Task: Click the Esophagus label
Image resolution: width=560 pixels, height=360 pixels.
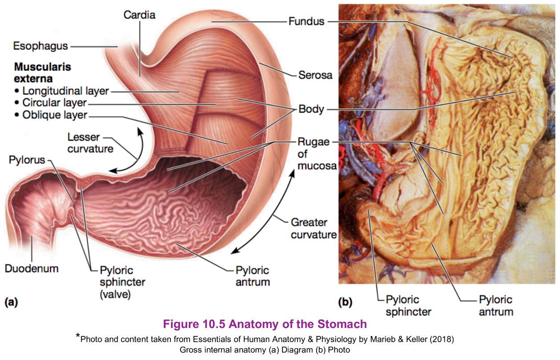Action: (40, 46)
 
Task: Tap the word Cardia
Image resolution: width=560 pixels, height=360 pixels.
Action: (139, 15)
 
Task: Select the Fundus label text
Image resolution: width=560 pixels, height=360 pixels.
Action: (306, 21)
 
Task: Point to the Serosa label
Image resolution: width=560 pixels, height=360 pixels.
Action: (315, 75)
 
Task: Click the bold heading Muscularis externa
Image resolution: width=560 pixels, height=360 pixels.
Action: (43, 73)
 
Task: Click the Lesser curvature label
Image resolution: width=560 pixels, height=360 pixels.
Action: (90, 143)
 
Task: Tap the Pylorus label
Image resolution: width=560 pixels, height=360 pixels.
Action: (27, 160)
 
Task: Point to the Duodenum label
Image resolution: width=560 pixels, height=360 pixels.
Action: (32, 268)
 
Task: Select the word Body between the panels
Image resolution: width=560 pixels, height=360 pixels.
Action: (311, 109)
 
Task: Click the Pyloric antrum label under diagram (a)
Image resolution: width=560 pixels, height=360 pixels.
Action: (252, 276)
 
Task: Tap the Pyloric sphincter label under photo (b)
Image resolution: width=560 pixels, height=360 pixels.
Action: (408, 305)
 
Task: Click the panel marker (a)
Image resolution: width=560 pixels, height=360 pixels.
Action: (11, 303)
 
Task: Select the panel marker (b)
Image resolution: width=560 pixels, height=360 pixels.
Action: (345, 303)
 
